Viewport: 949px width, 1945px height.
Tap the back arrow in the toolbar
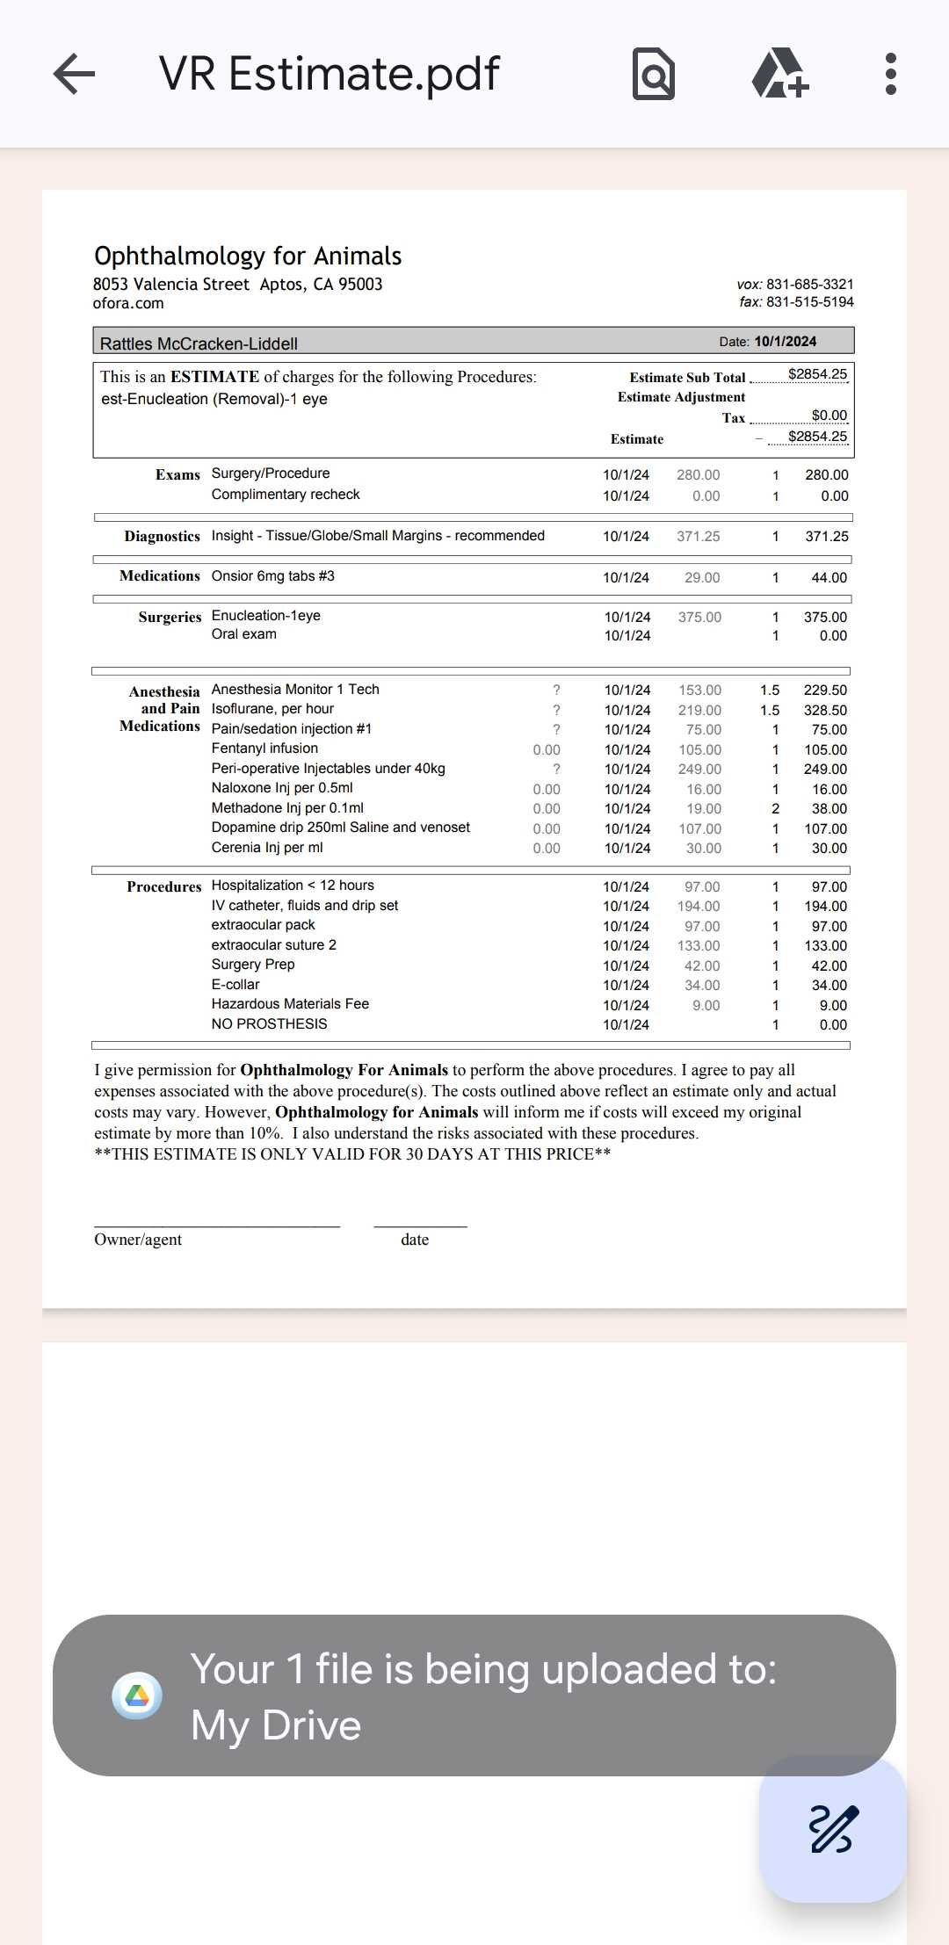click(74, 74)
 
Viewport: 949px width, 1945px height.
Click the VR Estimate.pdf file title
click(329, 74)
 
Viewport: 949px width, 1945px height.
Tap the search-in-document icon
click(654, 75)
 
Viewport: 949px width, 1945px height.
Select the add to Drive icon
click(779, 74)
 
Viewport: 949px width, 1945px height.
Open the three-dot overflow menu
click(890, 74)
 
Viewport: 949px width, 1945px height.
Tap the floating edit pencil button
click(832, 1829)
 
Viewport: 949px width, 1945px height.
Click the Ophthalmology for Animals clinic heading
click(248, 256)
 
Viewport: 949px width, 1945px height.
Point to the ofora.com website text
click(128, 303)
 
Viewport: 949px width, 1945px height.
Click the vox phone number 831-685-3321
click(809, 284)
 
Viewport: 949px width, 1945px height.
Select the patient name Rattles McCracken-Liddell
click(199, 343)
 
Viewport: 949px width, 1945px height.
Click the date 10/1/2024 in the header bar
click(785, 341)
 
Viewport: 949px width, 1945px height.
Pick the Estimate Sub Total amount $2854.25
click(817, 374)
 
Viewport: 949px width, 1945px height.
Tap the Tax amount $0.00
click(829, 416)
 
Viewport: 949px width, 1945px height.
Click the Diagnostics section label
click(162, 536)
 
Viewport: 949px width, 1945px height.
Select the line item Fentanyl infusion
click(264, 748)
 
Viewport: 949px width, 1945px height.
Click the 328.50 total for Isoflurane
click(825, 710)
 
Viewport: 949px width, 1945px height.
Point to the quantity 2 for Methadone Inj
click(775, 808)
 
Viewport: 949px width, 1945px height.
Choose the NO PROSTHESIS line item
click(269, 1023)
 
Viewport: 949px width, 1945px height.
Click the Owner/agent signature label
click(138, 1240)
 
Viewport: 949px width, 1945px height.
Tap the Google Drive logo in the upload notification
click(137, 1696)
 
